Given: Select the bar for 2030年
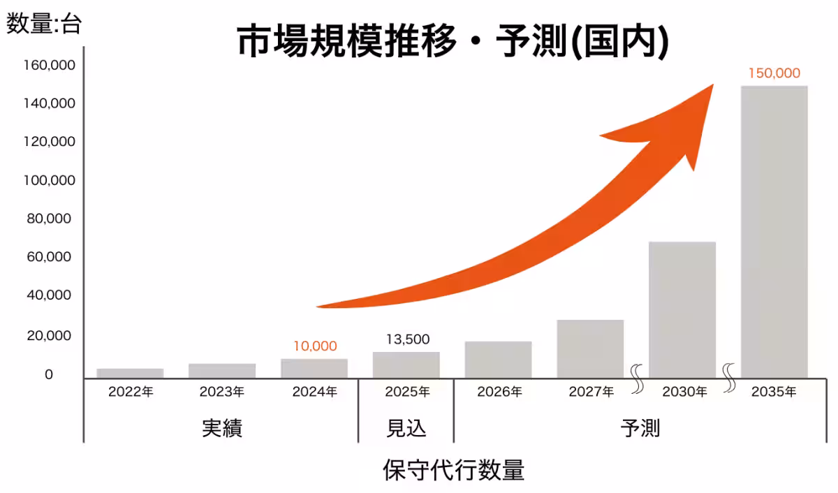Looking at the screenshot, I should [682, 310].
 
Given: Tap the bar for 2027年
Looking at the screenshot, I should [590, 349].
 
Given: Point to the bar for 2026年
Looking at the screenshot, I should [498, 360].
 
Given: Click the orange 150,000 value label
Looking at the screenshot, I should [774, 73].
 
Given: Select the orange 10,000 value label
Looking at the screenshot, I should [314, 346].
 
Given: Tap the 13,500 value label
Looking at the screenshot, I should [408, 339].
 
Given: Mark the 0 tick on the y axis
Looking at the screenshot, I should [49, 375].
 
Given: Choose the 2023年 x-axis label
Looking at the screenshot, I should [222, 392].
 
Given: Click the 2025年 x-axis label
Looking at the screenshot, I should [407, 392].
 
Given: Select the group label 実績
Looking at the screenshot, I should [222, 428].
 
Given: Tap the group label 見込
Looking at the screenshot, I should [406, 428].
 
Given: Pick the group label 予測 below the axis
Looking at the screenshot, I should [640, 428].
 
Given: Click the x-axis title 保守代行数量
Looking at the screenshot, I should [453, 470].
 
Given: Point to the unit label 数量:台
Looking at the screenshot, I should [44, 25].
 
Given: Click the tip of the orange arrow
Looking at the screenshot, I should [712, 86].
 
